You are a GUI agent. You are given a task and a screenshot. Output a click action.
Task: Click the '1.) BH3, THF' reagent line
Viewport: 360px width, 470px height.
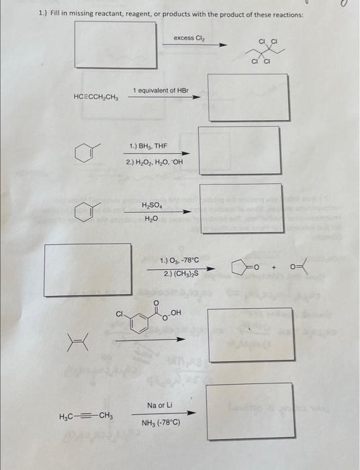point(148,146)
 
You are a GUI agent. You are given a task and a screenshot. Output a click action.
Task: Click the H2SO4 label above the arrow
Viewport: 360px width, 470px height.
point(152,205)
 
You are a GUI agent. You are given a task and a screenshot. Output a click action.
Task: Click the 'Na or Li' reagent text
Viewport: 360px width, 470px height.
point(159,406)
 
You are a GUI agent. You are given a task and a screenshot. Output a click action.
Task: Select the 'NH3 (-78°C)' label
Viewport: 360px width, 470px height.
point(161,424)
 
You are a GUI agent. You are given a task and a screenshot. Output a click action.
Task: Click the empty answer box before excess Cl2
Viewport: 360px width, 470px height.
point(115,44)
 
